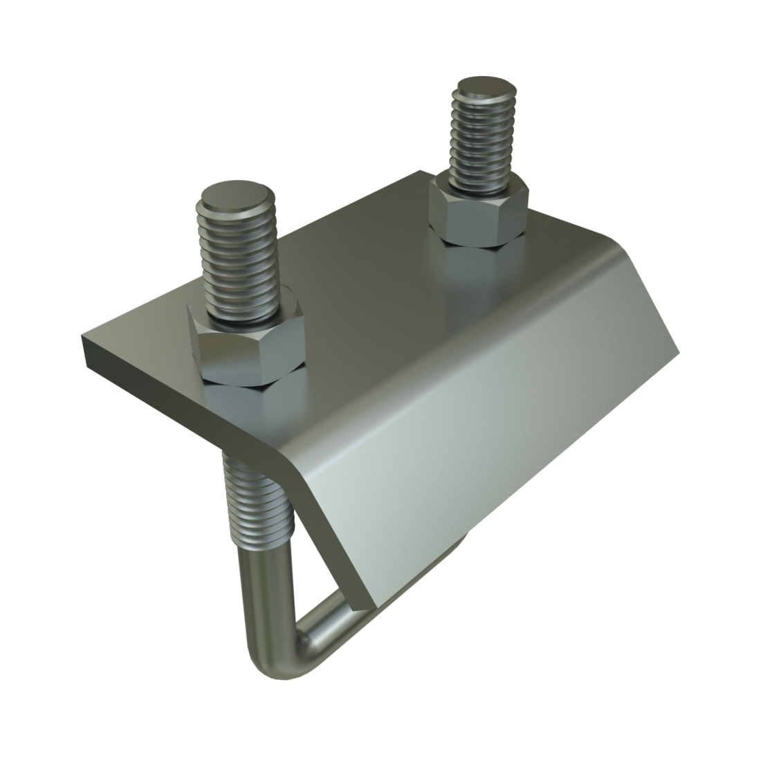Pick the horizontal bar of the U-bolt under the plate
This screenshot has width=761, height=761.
click(x=325, y=623)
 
